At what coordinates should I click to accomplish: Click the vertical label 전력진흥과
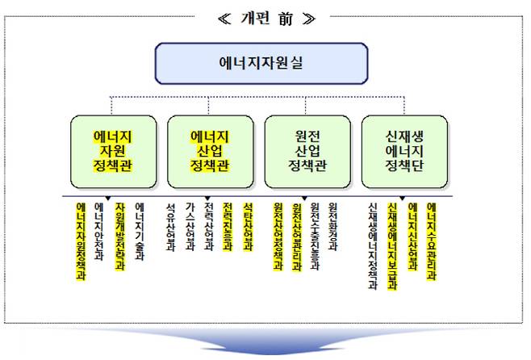click(x=228, y=226)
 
